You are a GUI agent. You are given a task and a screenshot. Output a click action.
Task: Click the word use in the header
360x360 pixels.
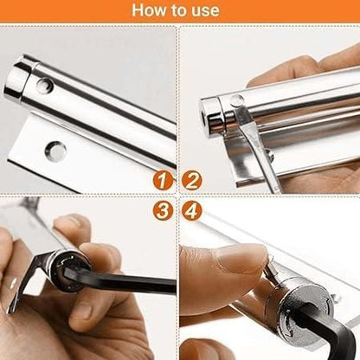(205, 11)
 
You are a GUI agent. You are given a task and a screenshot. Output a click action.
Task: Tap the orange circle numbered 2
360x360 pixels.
(192, 181)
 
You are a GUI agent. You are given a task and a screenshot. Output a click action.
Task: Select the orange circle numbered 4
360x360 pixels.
(192, 210)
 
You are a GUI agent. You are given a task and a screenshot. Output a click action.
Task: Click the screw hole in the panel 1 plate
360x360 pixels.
(55, 151)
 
